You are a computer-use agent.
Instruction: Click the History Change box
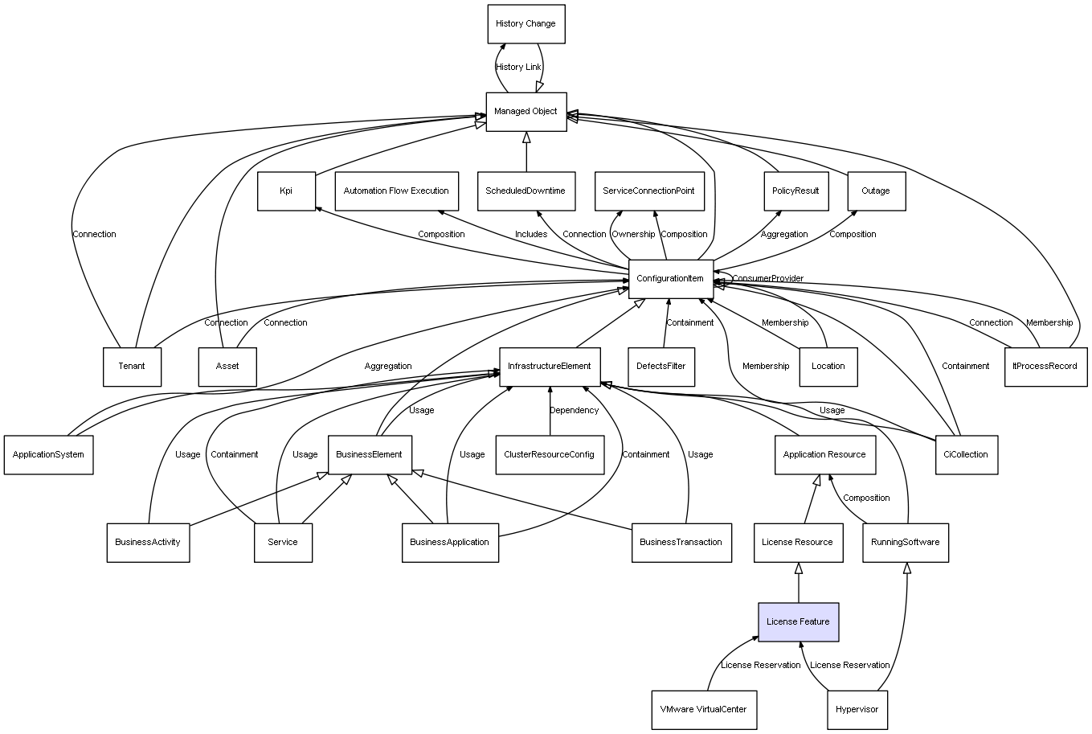tap(526, 24)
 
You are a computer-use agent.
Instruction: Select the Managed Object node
tap(526, 112)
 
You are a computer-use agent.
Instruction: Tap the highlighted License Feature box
tap(798, 622)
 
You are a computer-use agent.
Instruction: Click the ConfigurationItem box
tap(670, 279)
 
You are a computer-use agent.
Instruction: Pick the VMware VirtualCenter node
tap(703, 710)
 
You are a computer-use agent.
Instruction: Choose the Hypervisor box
tap(857, 710)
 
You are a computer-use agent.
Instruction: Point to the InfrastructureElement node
tap(550, 367)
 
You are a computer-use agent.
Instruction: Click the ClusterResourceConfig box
tap(550, 455)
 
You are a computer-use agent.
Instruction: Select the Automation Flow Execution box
tap(396, 191)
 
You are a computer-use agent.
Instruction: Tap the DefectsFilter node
tap(661, 367)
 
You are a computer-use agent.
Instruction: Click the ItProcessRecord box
tap(1045, 367)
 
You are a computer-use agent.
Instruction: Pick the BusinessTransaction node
tap(681, 542)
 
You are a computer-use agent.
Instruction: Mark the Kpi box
tap(286, 191)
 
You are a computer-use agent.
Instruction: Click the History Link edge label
tap(518, 68)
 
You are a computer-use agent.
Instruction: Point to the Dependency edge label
tap(574, 411)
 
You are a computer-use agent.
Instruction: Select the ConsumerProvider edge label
tap(767, 279)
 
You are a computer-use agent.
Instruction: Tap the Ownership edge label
tap(633, 235)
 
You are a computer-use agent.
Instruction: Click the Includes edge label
tap(531, 235)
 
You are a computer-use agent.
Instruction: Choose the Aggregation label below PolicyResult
tap(784, 235)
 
